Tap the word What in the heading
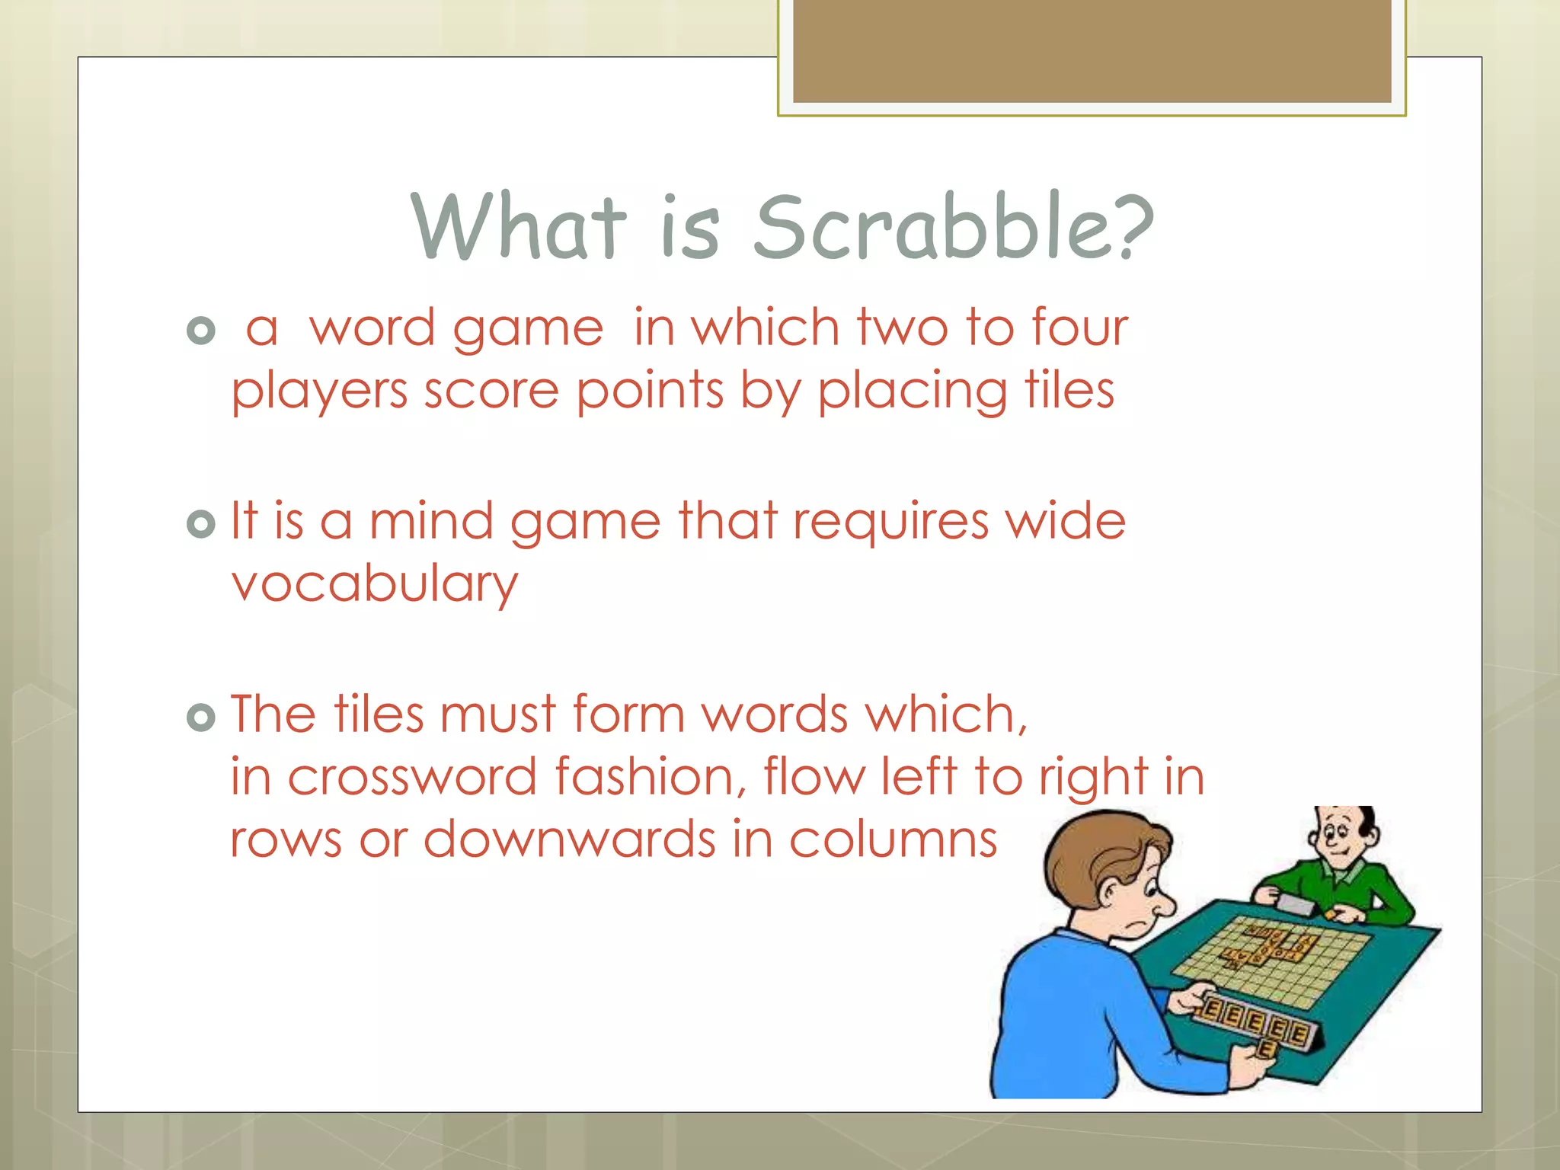pos(518,227)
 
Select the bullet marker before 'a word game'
pos(201,331)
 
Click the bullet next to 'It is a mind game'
pos(201,524)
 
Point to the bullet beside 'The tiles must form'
pos(201,718)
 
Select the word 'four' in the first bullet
pos(1079,329)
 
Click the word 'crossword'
pos(412,778)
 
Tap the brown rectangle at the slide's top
pos(1092,50)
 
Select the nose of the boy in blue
pos(1163,905)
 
